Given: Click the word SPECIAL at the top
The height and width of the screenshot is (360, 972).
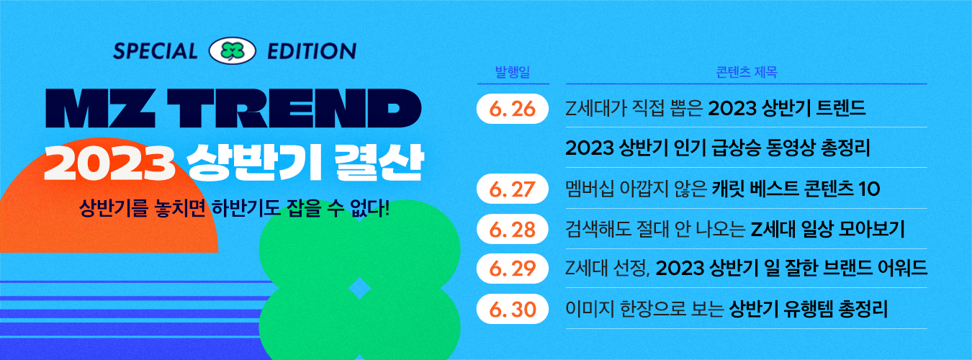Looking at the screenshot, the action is [155, 50].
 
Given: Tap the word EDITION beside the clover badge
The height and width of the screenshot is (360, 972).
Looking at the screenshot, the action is [312, 51].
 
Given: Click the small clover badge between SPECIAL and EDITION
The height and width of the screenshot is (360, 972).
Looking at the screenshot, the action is [233, 50].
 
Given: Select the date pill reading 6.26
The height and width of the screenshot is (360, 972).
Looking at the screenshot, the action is [513, 109].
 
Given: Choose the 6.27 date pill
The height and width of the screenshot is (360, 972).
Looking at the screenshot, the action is [513, 189].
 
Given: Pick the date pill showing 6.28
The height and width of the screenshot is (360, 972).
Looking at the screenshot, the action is [513, 229].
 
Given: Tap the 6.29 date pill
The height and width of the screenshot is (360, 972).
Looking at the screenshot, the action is [513, 269].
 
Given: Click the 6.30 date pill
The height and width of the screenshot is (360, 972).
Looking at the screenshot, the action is [513, 309].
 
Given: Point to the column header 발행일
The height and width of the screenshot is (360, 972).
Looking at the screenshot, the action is [513, 72].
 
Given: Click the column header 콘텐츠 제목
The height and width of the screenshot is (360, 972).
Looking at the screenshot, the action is [747, 72].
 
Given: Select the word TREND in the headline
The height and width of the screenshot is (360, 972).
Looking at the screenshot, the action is [294, 108].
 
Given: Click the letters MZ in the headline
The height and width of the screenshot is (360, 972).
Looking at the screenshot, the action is [100, 108].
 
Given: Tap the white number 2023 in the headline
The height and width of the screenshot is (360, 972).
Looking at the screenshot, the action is [109, 163].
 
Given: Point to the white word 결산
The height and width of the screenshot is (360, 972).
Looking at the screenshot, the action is [379, 162].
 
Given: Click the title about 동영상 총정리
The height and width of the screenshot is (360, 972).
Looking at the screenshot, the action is [718, 148].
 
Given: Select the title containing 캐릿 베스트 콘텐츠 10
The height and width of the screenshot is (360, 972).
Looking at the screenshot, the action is [722, 189].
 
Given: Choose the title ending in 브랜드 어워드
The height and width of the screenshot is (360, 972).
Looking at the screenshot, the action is [747, 269].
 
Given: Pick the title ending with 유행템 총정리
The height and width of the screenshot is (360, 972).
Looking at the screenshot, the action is [726, 309].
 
